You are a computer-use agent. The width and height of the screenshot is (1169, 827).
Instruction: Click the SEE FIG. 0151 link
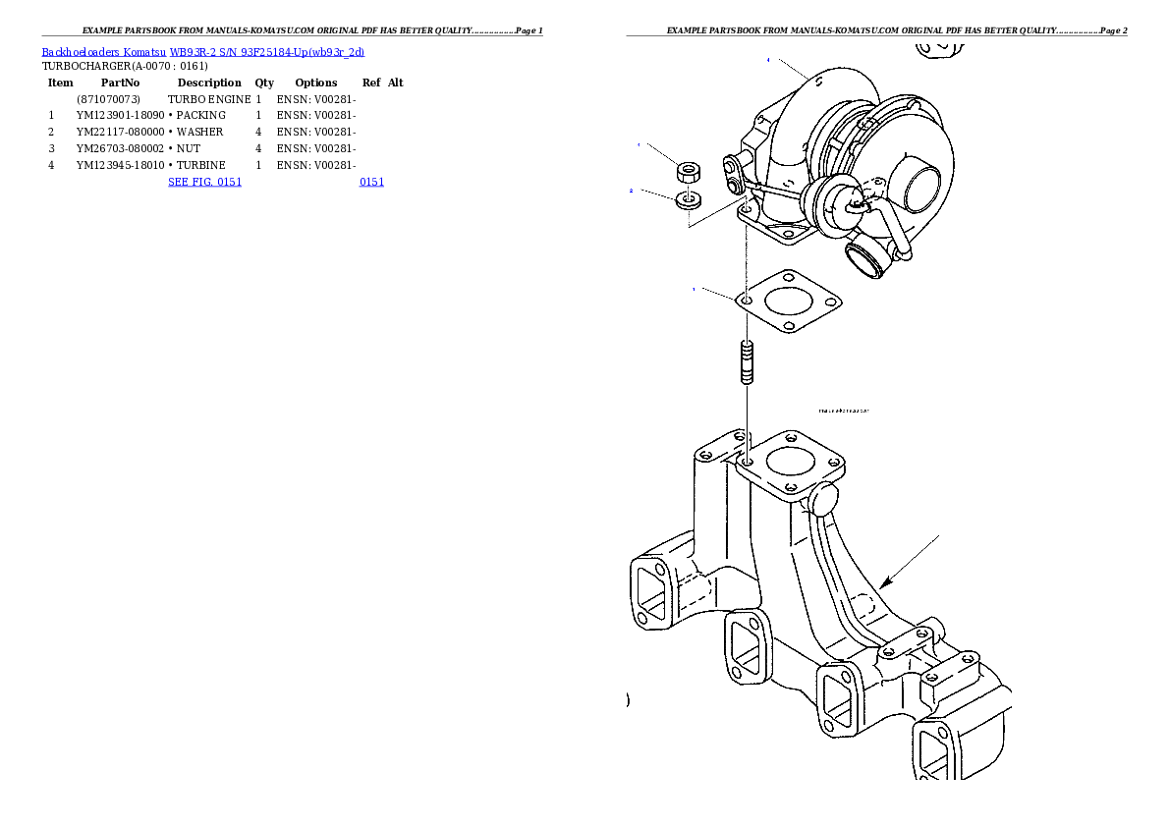coord(204,182)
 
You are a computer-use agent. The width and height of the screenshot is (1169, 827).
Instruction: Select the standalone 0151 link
coord(371,182)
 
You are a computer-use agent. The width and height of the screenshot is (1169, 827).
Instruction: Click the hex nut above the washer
coord(690,172)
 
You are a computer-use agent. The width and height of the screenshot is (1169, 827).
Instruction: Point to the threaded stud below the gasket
coord(747,360)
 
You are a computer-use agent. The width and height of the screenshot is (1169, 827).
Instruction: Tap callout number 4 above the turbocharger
coord(768,60)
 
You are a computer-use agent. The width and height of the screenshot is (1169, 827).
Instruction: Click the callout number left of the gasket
coord(694,289)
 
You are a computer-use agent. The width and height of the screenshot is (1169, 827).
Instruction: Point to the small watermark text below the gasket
coord(844,411)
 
